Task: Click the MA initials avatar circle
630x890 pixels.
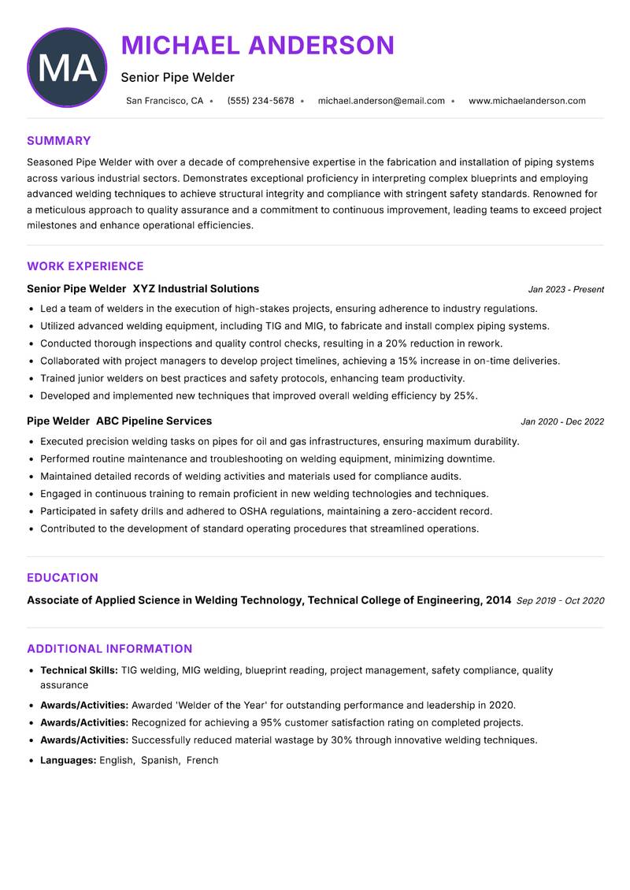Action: pos(66,68)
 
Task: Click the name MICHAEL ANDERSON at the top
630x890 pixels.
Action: pos(258,46)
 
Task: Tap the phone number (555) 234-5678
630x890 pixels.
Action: pos(260,101)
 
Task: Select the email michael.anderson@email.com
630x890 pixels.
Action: pos(381,101)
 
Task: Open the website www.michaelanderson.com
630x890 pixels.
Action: pos(527,101)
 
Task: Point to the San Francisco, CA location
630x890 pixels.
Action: pos(165,101)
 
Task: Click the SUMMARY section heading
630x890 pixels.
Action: pos(59,141)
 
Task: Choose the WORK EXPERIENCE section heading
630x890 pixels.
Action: pos(85,266)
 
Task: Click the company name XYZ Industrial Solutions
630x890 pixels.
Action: pos(195,289)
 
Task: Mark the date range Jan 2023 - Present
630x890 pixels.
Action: pos(565,290)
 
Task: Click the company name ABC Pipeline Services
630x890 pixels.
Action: pos(154,421)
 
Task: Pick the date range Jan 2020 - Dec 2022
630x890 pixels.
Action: pos(562,422)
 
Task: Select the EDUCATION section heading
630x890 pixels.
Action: pos(62,577)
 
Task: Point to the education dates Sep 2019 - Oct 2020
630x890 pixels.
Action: pos(560,601)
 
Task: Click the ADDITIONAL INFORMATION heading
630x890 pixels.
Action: pos(109,649)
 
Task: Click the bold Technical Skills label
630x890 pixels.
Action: pos(79,670)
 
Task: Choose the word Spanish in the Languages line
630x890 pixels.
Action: pos(159,760)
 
